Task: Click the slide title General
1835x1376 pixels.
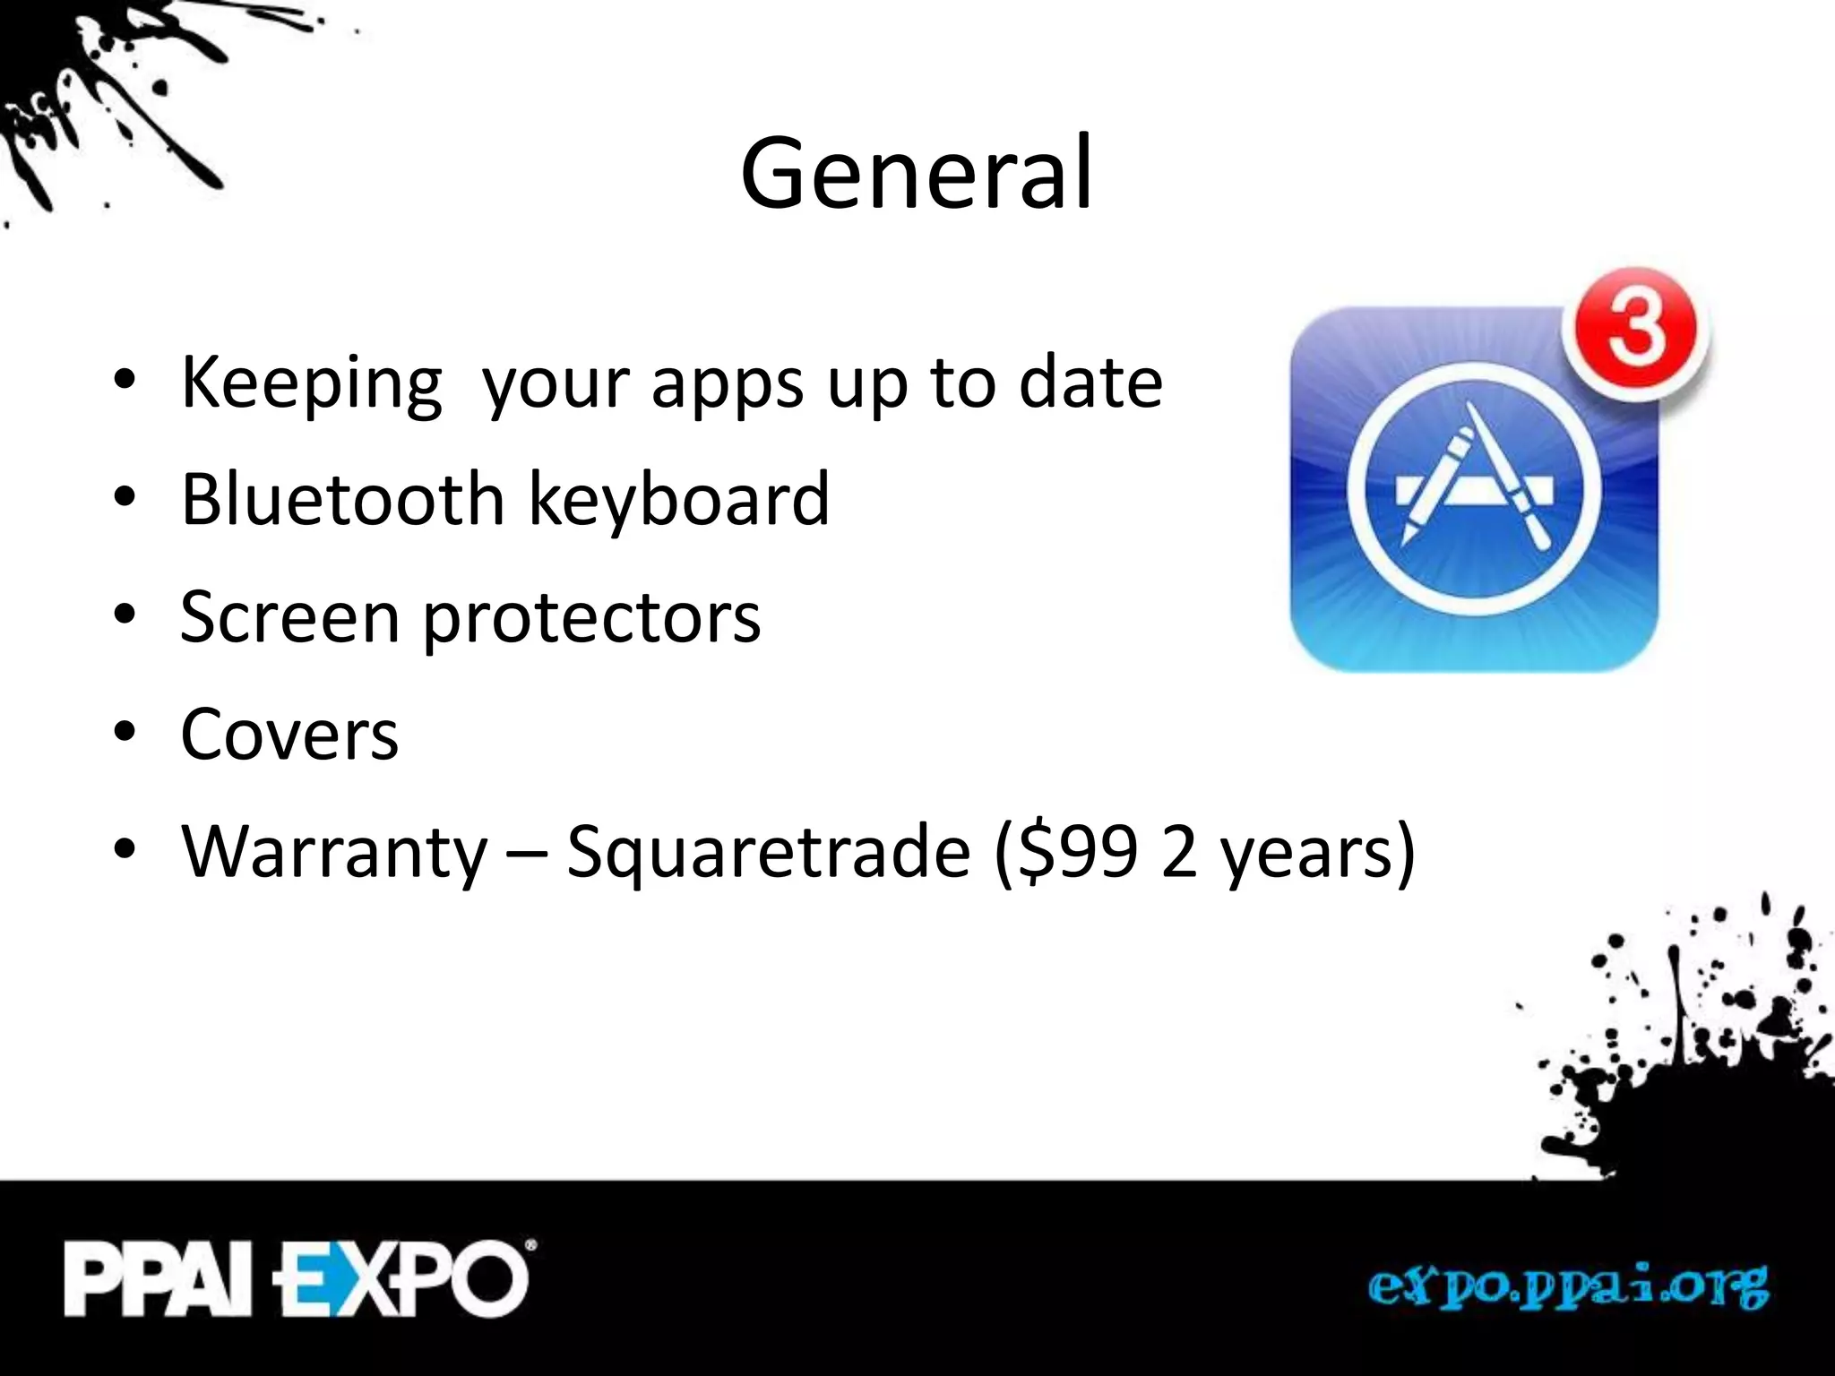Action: click(916, 174)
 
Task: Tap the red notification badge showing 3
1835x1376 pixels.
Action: click(1636, 333)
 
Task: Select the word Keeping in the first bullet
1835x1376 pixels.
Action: click(311, 383)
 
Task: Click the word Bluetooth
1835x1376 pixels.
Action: click(343, 499)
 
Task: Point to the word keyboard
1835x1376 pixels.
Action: click(679, 499)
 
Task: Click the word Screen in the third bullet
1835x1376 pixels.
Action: click(289, 617)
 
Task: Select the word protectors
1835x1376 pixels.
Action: click(591, 619)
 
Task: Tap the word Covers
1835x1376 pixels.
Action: click(289, 735)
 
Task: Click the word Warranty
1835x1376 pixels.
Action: click(334, 853)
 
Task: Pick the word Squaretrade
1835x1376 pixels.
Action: click(769, 853)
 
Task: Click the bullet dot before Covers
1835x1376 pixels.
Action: click(125, 732)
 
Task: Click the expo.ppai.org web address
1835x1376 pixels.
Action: click(1567, 1288)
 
